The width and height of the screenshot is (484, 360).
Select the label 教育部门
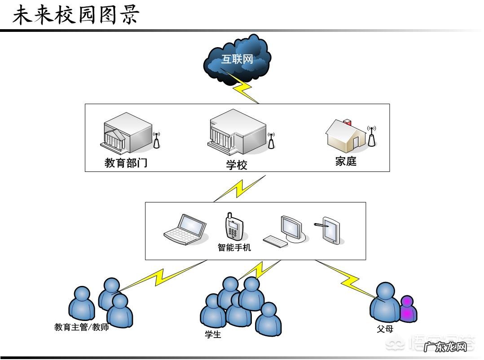126,162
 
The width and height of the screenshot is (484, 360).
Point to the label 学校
237,165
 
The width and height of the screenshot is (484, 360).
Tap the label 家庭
346,161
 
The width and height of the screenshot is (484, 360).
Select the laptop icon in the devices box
185,229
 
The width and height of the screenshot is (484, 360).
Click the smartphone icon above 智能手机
233,227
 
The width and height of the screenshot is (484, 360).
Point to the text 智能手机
234,247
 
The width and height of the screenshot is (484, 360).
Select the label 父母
385,329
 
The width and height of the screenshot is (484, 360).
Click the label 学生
213,334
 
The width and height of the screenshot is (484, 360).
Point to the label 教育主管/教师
82,327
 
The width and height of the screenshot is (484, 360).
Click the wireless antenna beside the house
371,136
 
